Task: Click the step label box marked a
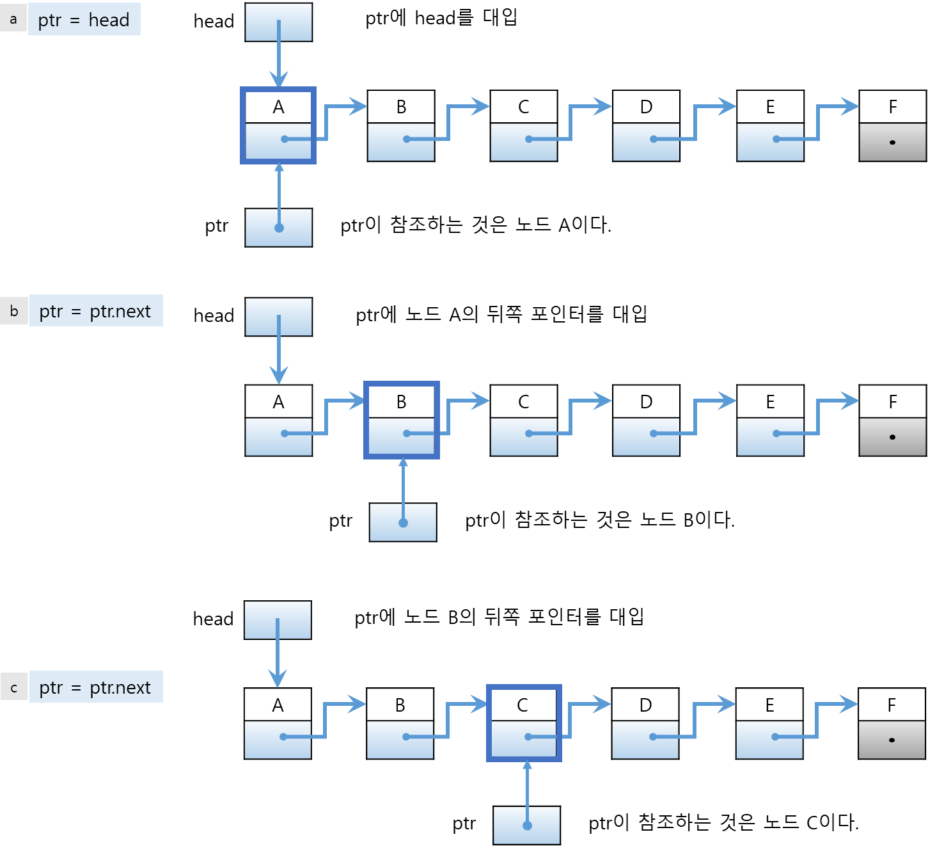13,19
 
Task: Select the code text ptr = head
84,20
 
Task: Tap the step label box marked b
14,311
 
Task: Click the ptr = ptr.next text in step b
95,311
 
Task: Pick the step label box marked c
14,688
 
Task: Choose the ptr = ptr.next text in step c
95,687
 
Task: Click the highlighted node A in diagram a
278,125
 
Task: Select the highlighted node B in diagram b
402,420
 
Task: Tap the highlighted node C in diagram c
524,723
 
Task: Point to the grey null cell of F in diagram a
892,141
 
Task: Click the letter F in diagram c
892,705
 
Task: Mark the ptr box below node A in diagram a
279,228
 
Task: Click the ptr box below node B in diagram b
403,522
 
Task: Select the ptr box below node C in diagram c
526,826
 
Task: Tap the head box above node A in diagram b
279,317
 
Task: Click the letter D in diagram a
646,107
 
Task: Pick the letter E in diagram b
770,402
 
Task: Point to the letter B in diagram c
400,705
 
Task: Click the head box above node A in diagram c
278,619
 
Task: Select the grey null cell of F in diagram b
892,436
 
